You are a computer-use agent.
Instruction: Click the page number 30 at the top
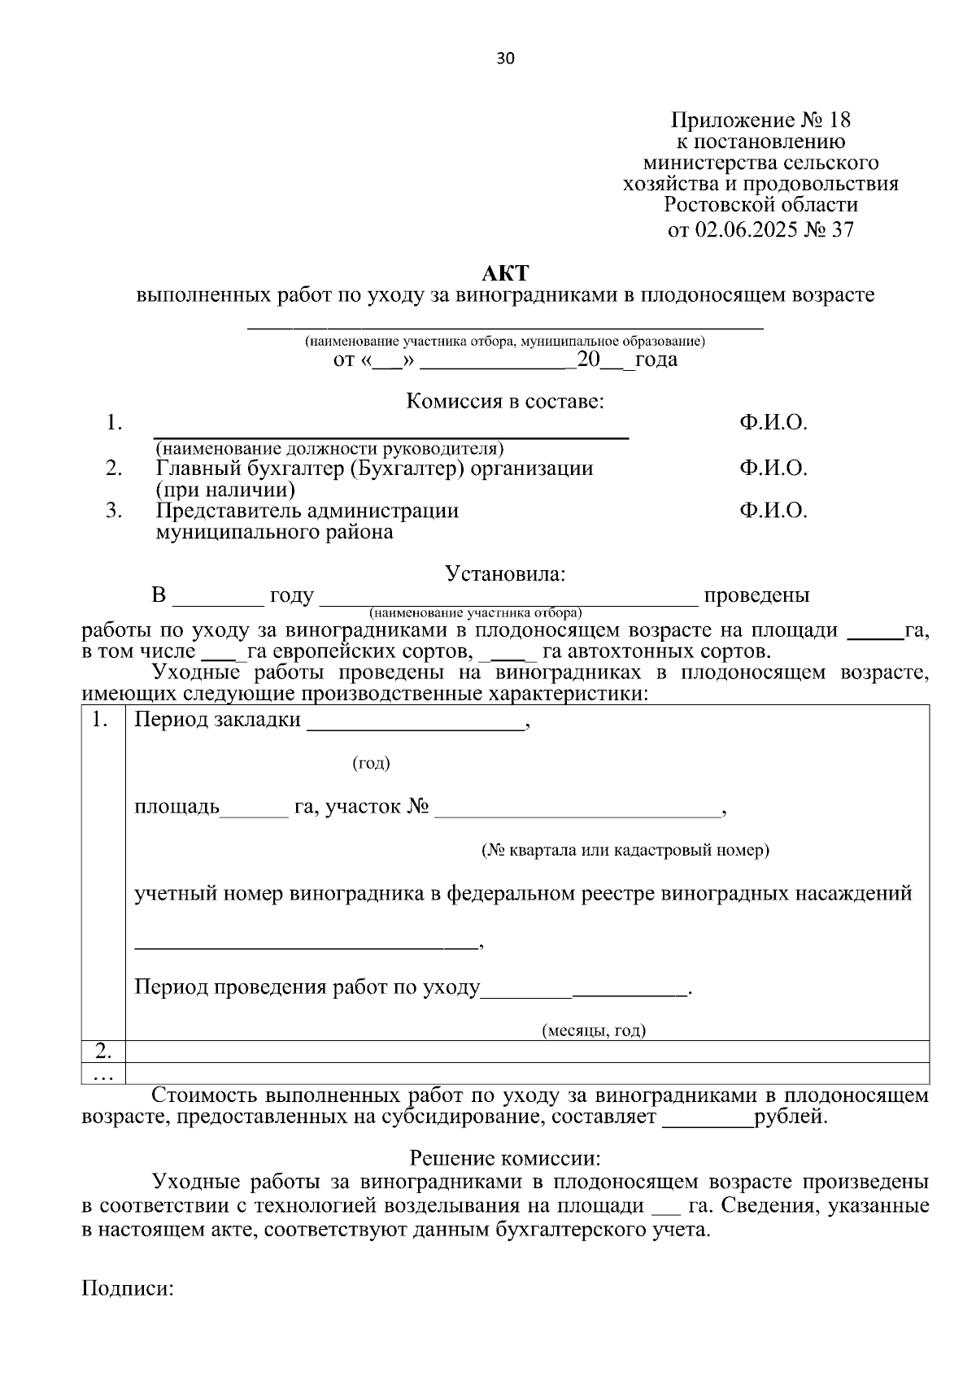(505, 59)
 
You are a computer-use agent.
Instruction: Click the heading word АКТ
(505, 272)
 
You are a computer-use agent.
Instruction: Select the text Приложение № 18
(760, 120)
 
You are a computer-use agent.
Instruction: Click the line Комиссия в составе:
(505, 401)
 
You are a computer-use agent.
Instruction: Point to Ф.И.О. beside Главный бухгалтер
(773, 468)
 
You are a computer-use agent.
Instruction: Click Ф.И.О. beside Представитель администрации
(773, 511)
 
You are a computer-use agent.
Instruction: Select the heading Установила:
(505, 573)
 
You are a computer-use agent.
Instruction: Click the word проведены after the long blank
(756, 595)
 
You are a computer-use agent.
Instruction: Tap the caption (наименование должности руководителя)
(330, 449)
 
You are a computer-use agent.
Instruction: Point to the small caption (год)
(371, 763)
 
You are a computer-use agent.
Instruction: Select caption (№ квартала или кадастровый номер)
(625, 851)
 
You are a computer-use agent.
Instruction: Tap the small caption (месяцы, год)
(594, 1031)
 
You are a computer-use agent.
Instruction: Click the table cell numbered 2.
(103, 1051)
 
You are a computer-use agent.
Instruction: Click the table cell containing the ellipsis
(103, 1074)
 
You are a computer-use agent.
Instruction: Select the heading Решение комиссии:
(505, 1157)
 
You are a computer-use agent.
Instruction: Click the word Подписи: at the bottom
(129, 1289)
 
